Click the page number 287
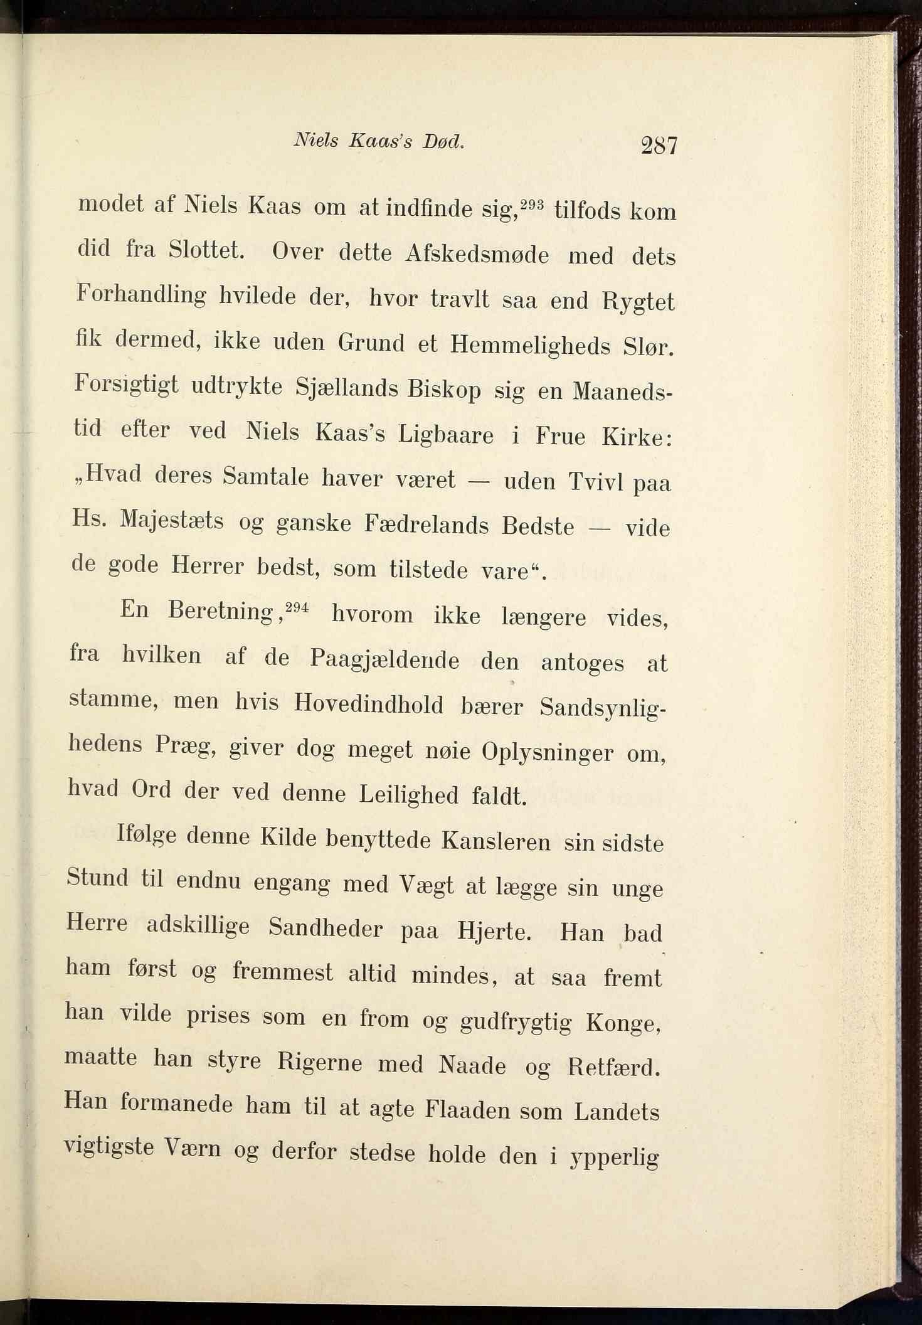(659, 146)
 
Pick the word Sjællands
(347, 388)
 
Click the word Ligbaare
(446, 435)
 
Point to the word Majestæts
(171, 521)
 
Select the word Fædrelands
(427, 524)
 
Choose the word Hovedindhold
(369, 705)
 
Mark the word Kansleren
(496, 841)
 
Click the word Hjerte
(494, 931)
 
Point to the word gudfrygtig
(516, 1023)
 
